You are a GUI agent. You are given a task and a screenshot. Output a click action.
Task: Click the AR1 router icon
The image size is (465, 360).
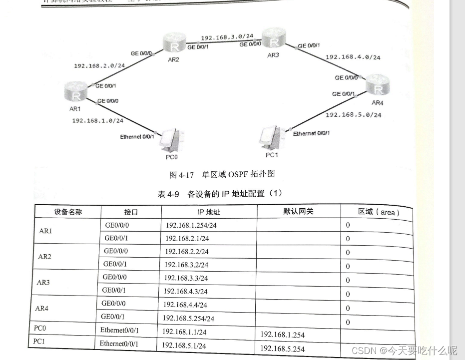pos(76,94)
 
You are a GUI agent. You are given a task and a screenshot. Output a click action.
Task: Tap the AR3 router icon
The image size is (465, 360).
pos(272,38)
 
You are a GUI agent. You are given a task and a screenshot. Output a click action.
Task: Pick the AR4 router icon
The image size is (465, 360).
pos(378,86)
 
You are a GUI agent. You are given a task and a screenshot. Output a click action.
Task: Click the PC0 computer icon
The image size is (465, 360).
pos(171,140)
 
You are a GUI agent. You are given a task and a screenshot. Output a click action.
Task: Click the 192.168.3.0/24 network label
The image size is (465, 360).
pos(227,37)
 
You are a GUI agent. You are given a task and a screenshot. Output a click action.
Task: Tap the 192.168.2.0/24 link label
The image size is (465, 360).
pos(99,65)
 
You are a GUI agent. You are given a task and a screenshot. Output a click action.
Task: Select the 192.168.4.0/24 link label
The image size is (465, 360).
pos(353,57)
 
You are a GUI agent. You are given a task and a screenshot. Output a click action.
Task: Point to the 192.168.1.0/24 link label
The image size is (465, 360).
pos(97,120)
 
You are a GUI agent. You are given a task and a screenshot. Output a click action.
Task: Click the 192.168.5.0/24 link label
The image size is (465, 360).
pos(353,115)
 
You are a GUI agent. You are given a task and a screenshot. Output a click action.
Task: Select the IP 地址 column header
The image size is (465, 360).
pos(208,212)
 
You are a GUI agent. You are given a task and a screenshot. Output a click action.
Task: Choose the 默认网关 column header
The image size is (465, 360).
pos(298,211)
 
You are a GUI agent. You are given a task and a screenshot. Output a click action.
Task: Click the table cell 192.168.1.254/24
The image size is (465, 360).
pos(191,226)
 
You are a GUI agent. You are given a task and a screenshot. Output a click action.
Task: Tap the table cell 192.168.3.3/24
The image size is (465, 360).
pos(186,278)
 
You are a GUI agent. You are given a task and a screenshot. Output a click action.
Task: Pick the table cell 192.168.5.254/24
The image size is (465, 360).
pos(188,319)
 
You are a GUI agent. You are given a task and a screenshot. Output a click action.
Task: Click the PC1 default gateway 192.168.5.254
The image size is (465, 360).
pos(282,348)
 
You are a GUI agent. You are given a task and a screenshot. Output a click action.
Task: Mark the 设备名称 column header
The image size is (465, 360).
pos(68,211)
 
